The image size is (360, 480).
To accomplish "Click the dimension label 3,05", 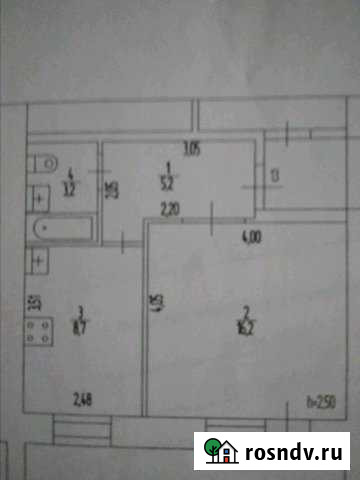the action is coord(193,151).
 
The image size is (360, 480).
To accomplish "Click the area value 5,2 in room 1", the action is coord(172,181).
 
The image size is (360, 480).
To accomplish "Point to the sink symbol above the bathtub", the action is coord(41,197).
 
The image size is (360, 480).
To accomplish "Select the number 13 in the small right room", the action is coord(275,178).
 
